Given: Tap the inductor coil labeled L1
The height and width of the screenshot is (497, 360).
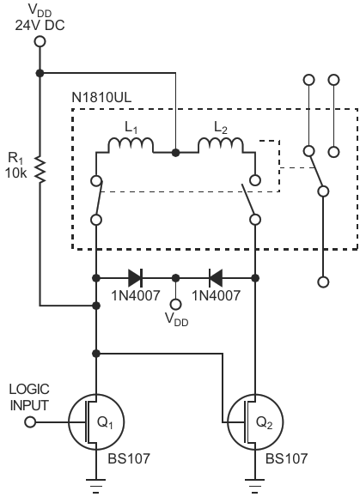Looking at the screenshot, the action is (x=131, y=145).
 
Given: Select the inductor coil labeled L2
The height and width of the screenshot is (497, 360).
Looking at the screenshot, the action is (x=221, y=145).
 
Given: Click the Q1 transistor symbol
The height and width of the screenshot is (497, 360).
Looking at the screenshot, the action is (x=96, y=421).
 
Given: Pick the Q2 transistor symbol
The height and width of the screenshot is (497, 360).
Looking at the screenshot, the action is (x=255, y=421).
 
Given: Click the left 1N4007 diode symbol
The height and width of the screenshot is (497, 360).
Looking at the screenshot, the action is (x=136, y=278).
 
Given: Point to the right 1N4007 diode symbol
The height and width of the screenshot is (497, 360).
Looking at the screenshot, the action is (x=216, y=278).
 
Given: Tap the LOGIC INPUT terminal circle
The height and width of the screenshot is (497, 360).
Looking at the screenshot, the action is (x=30, y=422).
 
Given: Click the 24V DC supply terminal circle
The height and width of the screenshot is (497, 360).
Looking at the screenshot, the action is (x=40, y=42).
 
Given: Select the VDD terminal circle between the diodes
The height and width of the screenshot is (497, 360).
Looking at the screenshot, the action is (x=176, y=304).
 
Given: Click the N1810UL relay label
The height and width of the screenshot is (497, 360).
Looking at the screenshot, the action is (x=101, y=98).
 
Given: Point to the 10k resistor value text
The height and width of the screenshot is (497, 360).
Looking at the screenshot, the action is (x=15, y=173).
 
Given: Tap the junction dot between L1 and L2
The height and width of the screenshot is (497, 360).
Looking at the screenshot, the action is (x=175, y=153).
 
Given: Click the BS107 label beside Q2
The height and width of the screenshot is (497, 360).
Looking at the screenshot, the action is (x=286, y=458).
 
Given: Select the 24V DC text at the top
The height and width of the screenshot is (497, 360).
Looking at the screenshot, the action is (x=40, y=26).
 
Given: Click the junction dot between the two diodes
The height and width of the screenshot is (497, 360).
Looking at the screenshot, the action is (x=176, y=278).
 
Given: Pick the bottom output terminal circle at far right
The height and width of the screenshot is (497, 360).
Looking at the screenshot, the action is (x=323, y=282).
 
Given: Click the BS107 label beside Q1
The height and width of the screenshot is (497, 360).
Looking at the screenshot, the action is (x=129, y=458).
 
